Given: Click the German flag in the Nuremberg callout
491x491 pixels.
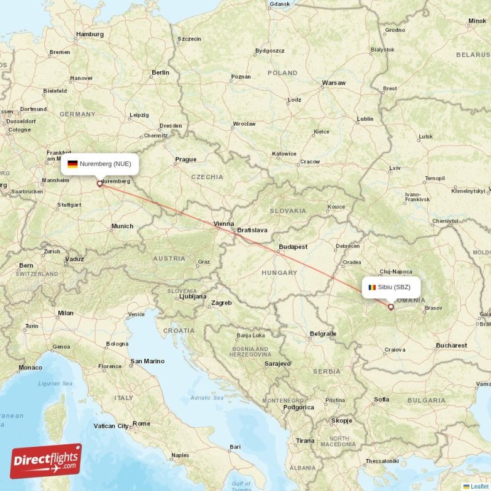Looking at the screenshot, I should click(x=72, y=164).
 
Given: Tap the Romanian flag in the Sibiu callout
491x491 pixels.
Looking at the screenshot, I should click(x=372, y=287).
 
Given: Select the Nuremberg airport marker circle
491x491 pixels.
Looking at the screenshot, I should click(x=99, y=183).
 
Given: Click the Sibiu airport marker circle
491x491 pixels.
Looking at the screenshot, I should click(x=390, y=306).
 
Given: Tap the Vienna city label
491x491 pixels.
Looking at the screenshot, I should click(x=223, y=224).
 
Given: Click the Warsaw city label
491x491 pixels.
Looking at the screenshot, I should click(x=333, y=82).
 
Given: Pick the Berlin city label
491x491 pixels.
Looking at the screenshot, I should click(x=160, y=72).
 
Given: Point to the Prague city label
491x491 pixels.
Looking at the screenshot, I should click(x=185, y=160).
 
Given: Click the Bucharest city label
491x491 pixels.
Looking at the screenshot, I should click(x=451, y=346).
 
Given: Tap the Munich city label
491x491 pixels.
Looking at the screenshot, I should click(x=122, y=226).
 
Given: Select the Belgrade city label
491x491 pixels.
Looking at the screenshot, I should click(x=323, y=334).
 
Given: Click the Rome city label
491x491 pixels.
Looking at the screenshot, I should click(x=141, y=423).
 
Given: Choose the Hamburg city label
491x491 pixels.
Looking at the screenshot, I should click(x=90, y=34).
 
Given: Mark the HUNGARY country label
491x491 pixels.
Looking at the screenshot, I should click(x=279, y=272).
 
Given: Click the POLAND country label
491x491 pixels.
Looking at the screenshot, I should click(x=282, y=72).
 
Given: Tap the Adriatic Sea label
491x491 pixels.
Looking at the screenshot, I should click(x=208, y=398).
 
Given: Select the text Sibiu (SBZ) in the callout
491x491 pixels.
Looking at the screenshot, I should click(x=394, y=287).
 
